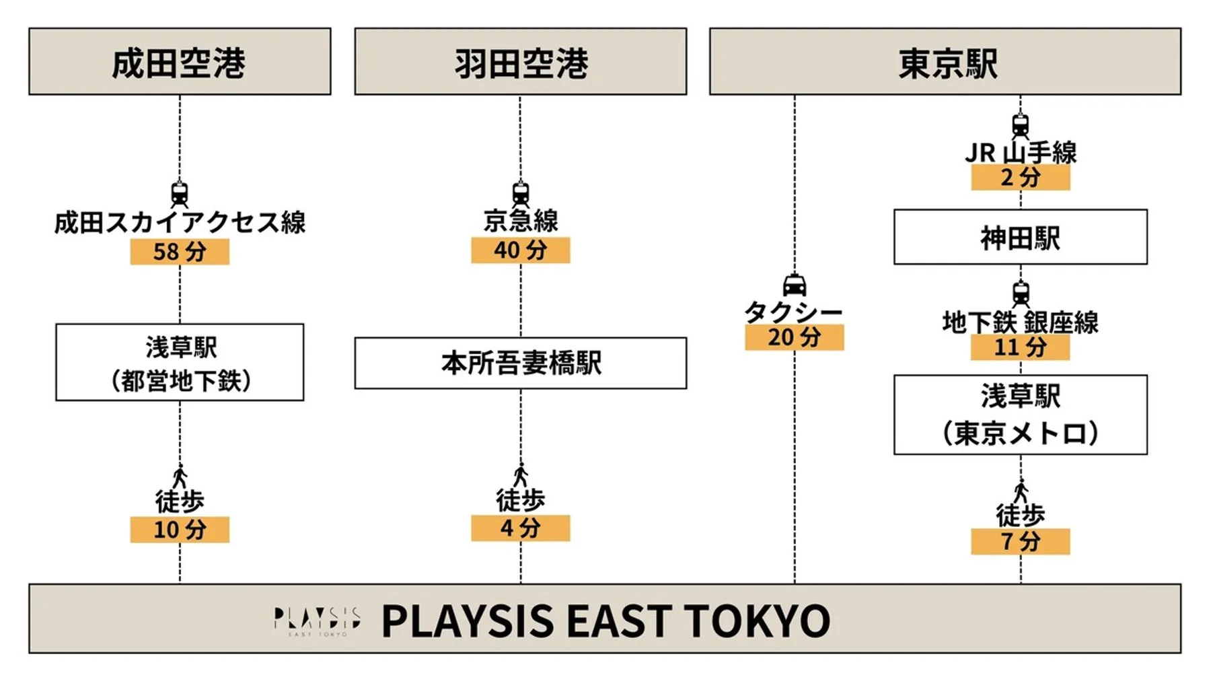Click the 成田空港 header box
coord(180,61)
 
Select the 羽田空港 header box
coord(520,61)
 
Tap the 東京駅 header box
coord(945,61)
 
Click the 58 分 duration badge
coord(180,252)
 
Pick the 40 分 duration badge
coord(520,250)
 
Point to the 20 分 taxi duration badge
coord(794,337)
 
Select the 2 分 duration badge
coord(1020,178)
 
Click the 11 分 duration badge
coord(1020,347)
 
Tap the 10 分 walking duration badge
coord(180,530)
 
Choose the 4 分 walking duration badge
coord(520,528)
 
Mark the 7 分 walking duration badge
coord(1020,541)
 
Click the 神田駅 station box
coord(1020,237)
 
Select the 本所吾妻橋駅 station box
coord(520,363)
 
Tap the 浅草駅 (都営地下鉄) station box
coord(180,363)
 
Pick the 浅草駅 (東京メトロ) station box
coord(1020,415)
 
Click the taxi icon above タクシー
coord(795,285)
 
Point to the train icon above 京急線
coord(520,194)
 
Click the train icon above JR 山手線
coord(1020,126)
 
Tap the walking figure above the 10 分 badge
coord(180,476)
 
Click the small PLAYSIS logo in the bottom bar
coord(316,620)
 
